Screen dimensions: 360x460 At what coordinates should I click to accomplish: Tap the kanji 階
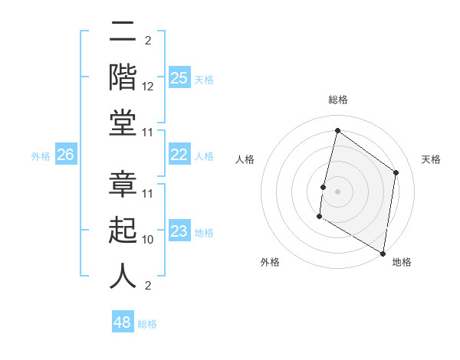tap(123, 77)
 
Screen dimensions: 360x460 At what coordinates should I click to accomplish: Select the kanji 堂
tap(123, 123)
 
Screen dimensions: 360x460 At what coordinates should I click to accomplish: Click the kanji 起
tap(123, 230)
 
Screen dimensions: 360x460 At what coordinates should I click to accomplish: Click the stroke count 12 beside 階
tap(149, 87)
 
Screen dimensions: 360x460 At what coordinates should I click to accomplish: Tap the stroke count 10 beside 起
tap(149, 239)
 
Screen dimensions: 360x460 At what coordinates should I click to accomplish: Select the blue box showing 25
tap(179, 78)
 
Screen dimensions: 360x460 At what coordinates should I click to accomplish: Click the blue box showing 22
tap(179, 155)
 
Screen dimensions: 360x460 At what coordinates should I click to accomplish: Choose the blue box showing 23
tap(179, 231)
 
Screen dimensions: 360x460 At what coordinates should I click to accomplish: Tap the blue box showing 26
tap(65, 155)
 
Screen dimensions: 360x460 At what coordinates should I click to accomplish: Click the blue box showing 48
tap(123, 322)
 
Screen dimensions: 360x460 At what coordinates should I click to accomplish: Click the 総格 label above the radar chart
tap(337, 100)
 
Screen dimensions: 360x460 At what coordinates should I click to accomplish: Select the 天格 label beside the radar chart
tap(432, 159)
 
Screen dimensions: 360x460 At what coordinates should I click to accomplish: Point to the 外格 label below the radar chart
tap(269, 262)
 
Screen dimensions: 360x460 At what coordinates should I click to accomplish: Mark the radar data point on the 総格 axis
tap(337, 131)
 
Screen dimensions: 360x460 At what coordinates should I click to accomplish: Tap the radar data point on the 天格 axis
tap(396, 172)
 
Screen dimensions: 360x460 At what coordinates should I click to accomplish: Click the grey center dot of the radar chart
tap(337, 191)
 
